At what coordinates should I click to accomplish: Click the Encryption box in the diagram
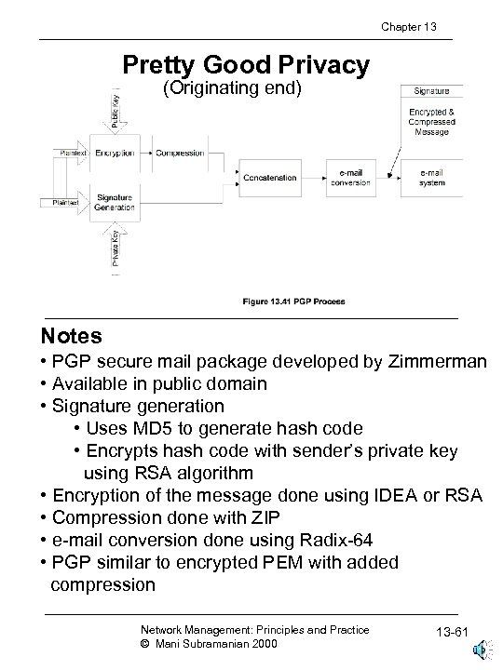116,153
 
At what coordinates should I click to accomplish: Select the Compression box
181,153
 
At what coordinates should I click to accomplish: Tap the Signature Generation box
116,202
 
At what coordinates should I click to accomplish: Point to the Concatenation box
270,177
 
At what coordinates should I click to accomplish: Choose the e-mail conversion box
350,177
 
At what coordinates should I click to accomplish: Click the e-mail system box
430,177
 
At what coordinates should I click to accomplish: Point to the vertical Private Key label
116,248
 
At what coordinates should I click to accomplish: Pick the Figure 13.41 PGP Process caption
293,301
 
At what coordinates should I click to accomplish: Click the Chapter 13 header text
410,27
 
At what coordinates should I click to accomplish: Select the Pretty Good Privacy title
246,65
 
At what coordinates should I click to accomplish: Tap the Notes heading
71,334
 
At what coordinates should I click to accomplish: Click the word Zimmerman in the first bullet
437,362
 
